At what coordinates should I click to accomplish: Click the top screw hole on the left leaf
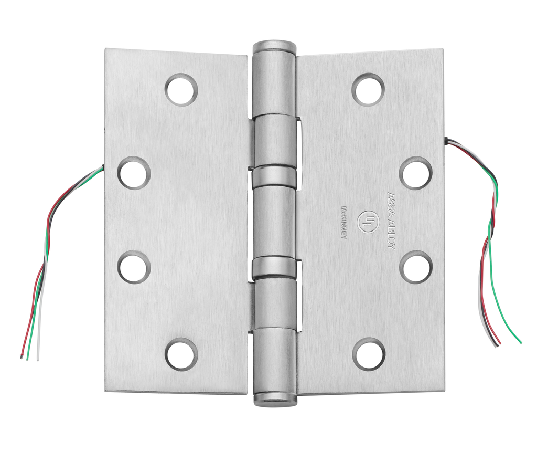coord(181,90)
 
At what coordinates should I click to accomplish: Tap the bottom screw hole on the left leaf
coord(181,354)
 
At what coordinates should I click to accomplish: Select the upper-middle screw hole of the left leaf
coord(134,173)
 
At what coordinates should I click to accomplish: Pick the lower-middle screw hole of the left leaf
coord(134,267)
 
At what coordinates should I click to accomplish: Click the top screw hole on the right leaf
coord(368,90)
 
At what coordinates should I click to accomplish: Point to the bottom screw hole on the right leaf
coord(369,354)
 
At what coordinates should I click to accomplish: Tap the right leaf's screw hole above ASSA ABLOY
coord(416,173)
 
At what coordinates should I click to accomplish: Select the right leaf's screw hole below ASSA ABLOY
coord(416,267)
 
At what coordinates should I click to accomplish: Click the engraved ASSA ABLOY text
coord(391,220)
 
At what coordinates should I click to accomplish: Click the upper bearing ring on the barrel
coord(274,177)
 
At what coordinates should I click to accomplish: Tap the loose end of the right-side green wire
coord(521,343)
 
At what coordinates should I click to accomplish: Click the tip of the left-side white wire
coord(38,360)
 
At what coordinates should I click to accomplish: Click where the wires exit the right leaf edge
coord(446,140)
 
